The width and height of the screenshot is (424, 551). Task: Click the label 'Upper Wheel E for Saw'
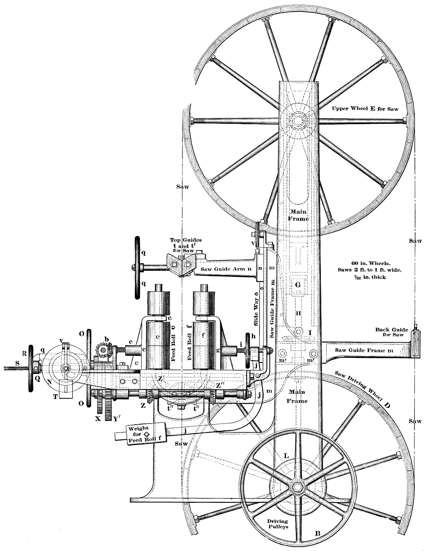click(365, 109)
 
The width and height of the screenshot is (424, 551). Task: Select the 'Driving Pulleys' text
click(278, 524)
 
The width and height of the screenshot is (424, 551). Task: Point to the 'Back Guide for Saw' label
click(389, 332)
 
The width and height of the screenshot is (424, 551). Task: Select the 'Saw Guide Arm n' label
click(226, 269)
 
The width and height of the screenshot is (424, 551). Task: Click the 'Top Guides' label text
click(186, 240)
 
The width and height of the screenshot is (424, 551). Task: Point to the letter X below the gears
click(97, 418)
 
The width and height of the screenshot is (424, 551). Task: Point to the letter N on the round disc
click(49, 381)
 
